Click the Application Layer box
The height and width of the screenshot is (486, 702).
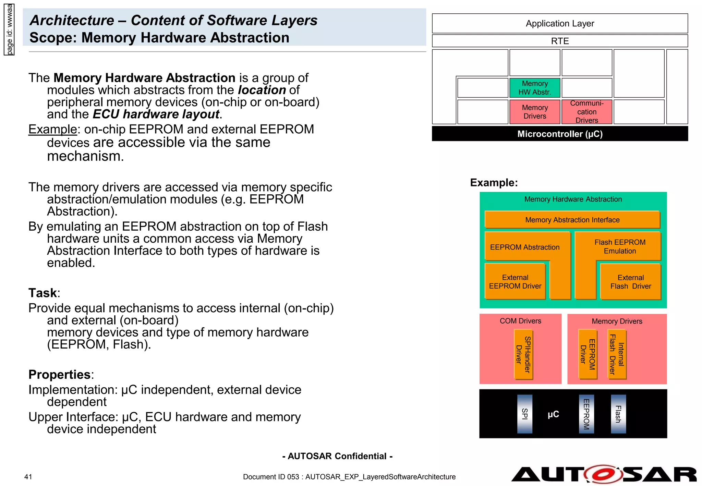[x=559, y=23]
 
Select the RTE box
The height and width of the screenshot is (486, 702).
[x=559, y=41]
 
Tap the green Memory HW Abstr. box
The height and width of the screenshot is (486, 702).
[x=534, y=88]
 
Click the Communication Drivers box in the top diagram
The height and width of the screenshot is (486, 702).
[x=586, y=112]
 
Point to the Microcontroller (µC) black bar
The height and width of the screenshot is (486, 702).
[x=559, y=134]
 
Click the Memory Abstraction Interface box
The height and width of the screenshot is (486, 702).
[x=572, y=220]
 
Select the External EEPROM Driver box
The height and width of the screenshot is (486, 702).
[x=515, y=282]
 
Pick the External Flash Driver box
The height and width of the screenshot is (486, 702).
[x=630, y=282]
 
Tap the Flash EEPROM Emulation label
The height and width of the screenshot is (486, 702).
[x=620, y=246]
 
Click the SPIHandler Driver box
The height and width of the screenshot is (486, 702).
[x=523, y=354]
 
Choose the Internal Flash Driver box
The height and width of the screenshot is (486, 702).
[x=617, y=354]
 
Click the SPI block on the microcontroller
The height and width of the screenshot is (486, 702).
[x=524, y=414]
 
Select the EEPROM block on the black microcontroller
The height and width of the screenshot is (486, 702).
[x=586, y=414]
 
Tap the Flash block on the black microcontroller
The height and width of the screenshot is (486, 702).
[x=618, y=414]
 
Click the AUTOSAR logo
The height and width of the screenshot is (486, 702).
[x=603, y=474]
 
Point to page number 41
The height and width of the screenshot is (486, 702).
[x=28, y=477]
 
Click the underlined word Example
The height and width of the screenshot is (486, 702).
[x=52, y=130]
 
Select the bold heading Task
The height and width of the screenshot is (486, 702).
[x=43, y=293]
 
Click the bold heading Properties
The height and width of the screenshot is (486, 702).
[x=60, y=375]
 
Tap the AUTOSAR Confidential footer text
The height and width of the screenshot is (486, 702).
[x=337, y=456]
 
